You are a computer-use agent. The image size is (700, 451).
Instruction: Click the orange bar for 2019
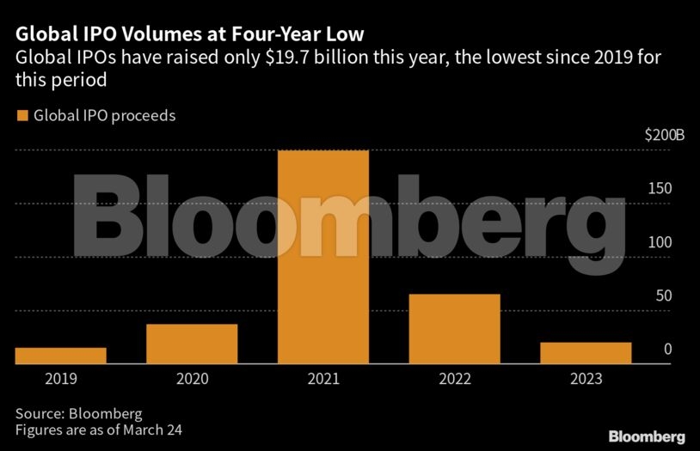[x=60, y=356]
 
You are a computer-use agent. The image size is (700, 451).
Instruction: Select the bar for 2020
[x=192, y=344]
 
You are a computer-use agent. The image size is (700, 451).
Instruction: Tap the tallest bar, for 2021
[x=323, y=258]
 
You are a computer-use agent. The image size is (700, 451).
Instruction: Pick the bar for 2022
[x=454, y=329]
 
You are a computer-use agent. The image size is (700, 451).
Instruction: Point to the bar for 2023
[x=586, y=353]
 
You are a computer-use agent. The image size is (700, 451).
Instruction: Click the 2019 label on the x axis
[x=60, y=379]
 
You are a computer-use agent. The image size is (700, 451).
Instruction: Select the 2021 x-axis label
[x=323, y=379]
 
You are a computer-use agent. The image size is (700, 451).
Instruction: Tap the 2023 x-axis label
[x=586, y=379]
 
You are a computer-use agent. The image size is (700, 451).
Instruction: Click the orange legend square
[x=21, y=115]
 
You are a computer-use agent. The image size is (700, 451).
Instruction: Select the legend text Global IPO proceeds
[x=104, y=115]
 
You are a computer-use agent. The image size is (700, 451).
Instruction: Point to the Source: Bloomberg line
[x=78, y=412]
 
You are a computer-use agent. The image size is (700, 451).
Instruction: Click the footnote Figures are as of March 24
[x=99, y=429]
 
